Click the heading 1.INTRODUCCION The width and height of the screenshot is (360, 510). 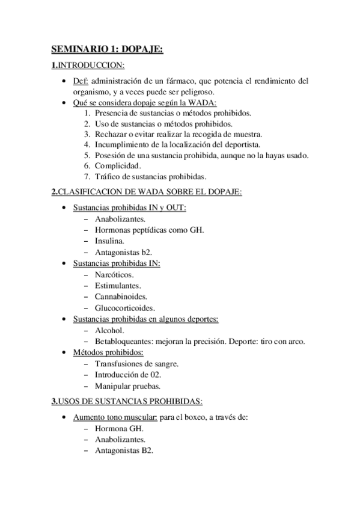[x=88, y=65]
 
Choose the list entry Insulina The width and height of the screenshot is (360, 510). [x=109, y=241]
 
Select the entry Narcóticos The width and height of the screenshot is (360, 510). [x=114, y=274]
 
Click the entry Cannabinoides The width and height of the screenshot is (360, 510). [x=121, y=296]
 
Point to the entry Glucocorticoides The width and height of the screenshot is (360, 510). [x=124, y=307]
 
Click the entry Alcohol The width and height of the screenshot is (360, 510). [x=109, y=330]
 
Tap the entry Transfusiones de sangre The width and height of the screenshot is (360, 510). [x=136, y=363]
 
